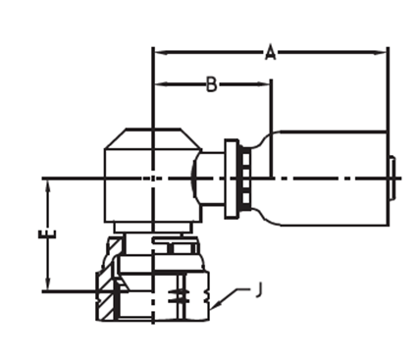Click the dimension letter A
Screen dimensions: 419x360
[x=270, y=53]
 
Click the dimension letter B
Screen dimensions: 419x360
[x=212, y=84]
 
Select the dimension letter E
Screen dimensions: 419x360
[x=48, y=234]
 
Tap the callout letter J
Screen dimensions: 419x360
[x=258, y=290]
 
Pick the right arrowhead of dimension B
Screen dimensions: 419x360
[x=264, y=84]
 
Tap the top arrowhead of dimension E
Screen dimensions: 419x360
[x=48, y=186]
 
